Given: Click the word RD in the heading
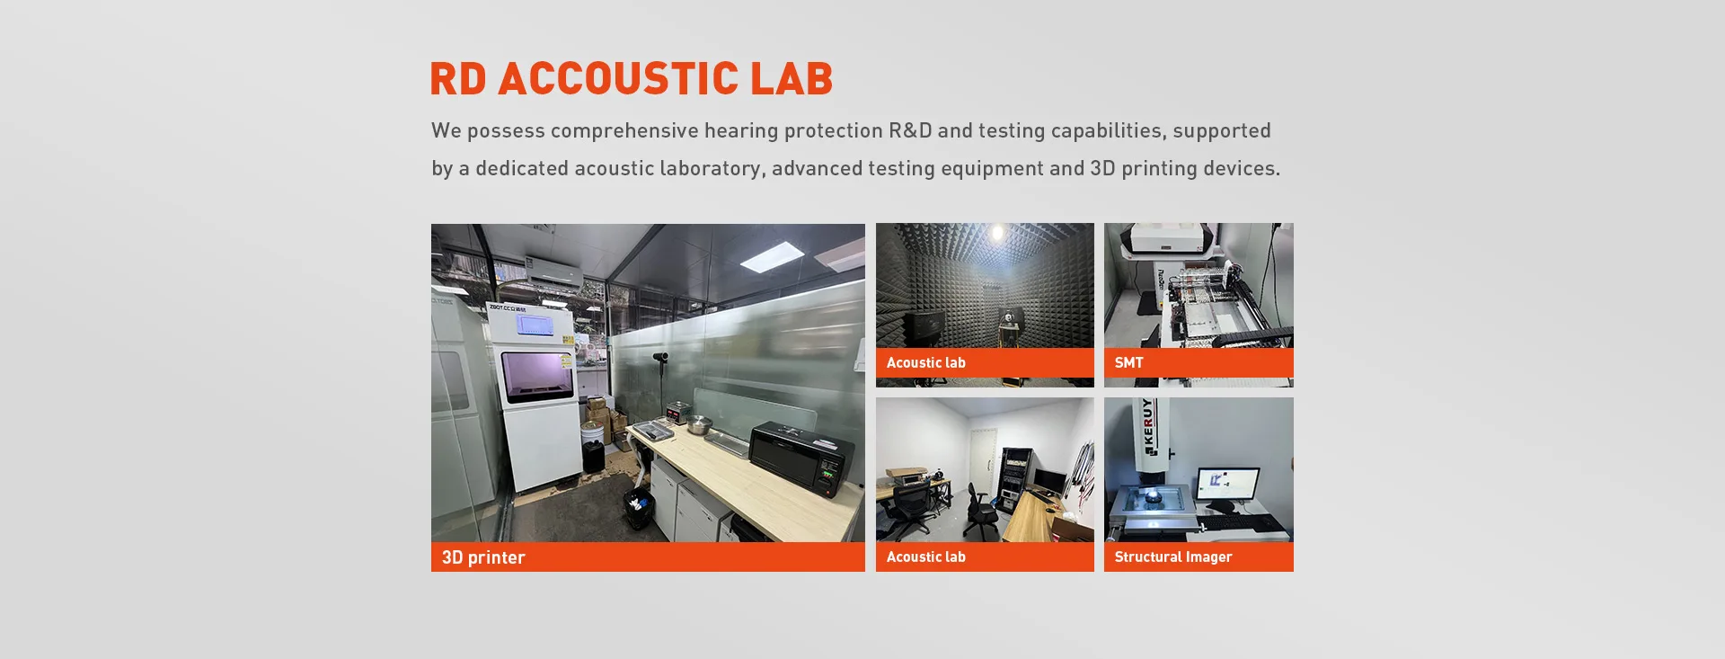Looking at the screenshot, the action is [x=458, y=78].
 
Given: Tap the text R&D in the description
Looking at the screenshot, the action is [x=910, y=130].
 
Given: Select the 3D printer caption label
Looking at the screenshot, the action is [x=483, y=557].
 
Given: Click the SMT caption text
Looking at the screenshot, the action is [x=1128, y=362].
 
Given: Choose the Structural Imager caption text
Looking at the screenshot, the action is [x=1172, y=557].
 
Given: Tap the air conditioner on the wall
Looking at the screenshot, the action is [x=552, y=272].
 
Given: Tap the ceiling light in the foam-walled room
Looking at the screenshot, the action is [x=996, y=235].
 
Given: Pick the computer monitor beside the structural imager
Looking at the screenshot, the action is [x=1226, y=485].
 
